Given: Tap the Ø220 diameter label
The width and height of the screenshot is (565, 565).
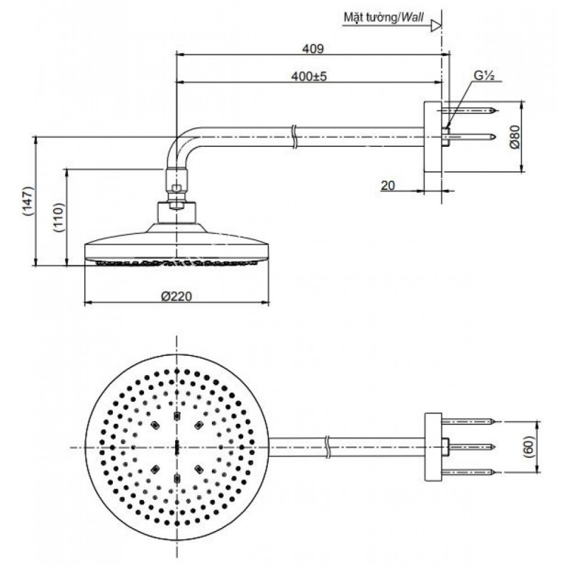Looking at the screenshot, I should (177, 297).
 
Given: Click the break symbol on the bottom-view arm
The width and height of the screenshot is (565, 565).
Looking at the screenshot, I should (328, 446).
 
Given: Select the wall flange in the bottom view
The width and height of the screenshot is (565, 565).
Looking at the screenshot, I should (432, 446).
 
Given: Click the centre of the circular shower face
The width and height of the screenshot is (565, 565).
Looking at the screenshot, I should (177, 446).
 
